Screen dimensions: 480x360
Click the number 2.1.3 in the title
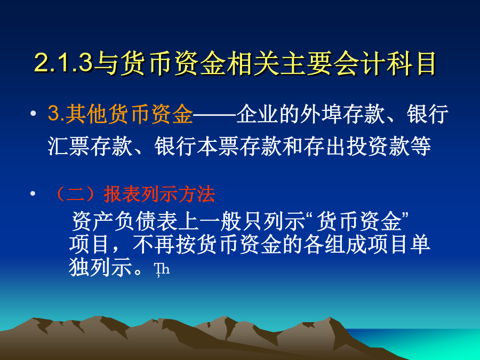pos(63,63)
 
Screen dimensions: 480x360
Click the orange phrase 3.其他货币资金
pos(121,114)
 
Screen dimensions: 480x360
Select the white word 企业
pos(257,114)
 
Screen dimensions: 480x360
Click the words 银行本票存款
pos(218,146)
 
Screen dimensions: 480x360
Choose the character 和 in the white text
pos(292,146)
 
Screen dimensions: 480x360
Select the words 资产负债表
pos(124,221)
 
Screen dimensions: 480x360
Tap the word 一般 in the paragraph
pos(220,221)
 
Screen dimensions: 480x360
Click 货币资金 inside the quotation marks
pos(359,221)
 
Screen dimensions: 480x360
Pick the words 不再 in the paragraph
pos(154,245)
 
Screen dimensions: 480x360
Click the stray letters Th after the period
pos(162,269)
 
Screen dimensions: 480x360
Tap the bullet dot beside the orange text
pos(33,114)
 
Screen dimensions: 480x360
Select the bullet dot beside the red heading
pos(33,194)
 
